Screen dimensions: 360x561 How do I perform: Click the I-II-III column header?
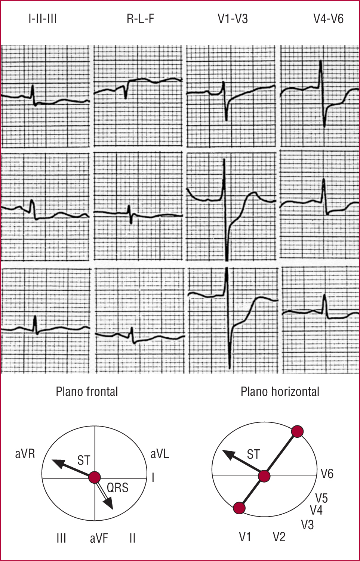coord(43,19)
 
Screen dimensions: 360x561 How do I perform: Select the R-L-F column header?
coord(140,19)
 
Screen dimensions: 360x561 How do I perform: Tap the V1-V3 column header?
coord(233,19)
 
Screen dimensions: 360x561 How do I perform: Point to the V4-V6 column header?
coord(328,19)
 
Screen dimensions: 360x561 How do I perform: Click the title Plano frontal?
coord(87,391)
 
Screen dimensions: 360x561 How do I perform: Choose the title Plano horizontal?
coord(280,391)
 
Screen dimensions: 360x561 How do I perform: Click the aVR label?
coord(25,454)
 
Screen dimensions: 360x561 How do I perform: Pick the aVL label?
coord(160,454)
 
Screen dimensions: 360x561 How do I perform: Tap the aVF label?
coord(99,538)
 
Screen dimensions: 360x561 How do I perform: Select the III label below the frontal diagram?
coord(61,538)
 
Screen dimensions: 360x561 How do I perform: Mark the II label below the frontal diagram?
coord(132,538)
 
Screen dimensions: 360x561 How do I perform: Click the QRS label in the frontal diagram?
coord(117,487)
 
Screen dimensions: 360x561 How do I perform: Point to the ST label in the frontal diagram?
coord(84,460)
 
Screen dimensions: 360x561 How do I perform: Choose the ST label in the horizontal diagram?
coord(253,454)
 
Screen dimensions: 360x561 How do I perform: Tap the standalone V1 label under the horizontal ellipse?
coord(245,537)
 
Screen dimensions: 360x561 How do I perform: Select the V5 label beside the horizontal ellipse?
coord(321,498)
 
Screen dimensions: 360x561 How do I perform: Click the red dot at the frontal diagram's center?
coord(95,477)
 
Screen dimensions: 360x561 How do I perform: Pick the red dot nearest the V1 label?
coord(239,508)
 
